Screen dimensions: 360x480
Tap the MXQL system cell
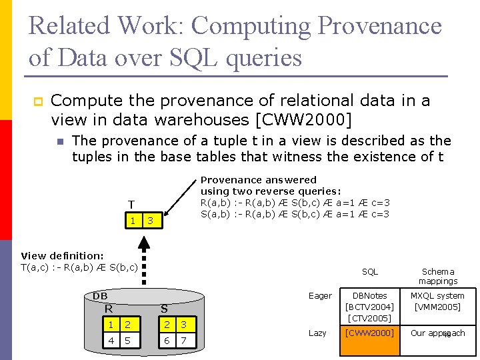tap(437, 301)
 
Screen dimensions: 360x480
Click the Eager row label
tap(320, 295)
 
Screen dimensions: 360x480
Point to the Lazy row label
tap(317, 332)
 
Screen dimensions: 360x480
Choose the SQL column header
tap(369, 271)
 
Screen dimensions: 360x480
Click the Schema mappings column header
tap(437, 276)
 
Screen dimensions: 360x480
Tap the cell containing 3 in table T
tap(151, 220)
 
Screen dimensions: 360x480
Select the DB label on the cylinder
tap(99, 295)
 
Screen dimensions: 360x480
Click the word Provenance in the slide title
tap(379, 27)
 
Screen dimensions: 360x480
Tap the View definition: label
tap(62, 255)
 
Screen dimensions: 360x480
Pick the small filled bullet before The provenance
tap(60, 142)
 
